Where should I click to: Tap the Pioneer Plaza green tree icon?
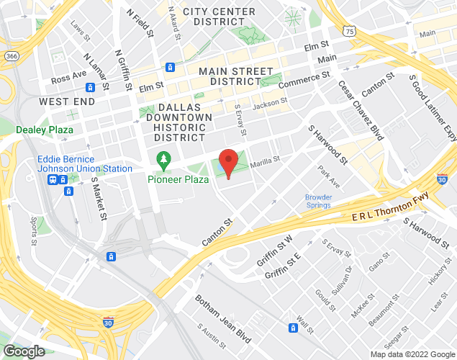pyautogui.click(x=164, y=158)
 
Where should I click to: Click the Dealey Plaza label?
pyautogui.click(x=45, y=130)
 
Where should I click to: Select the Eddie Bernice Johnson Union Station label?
pyautogui.click(x=85, y=163)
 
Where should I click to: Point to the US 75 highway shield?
pyautogui.click(x=349, y=32)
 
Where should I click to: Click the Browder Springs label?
pyautogui.click(x=318, y=200)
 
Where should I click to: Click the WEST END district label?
pyautogui.click(x=67, y=102)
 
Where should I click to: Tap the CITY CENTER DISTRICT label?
pyautogui.click(x=220, y=17)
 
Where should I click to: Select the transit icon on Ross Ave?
pyautogui.click(x=91, y=87)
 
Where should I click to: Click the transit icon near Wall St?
pyautogui.click(x=294, y=328)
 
